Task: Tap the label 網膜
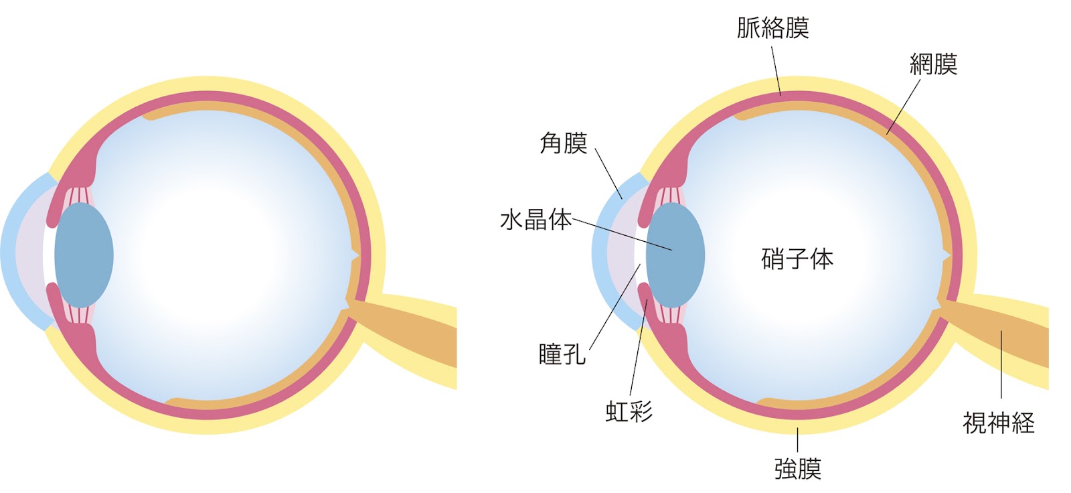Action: (x=933, y=64)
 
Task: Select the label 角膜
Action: (x=563, y=143)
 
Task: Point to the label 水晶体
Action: (x=536, y=220)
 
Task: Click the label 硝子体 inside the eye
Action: (x=797, y=259)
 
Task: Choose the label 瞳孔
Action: (x=562, y=354)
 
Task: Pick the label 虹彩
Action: (x=629, y=411)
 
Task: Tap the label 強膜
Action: (x=797, y=469)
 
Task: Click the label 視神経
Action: (x=999, y=423)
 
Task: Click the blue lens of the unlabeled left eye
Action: (x=84, y=255)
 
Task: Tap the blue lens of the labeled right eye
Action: (x=675, y=255)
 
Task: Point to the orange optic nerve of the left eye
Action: (x=406, y=330)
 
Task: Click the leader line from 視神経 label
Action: (x=1001, y=364)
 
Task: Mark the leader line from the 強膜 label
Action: (x=797, y=440)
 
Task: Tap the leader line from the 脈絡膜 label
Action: (x=776, y=71)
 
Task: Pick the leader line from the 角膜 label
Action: (x=608, y=173)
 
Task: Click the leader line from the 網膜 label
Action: (x=903, y=107)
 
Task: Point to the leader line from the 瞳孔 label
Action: (x=615, y=307)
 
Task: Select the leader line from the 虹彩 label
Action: (x=639, y=348)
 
